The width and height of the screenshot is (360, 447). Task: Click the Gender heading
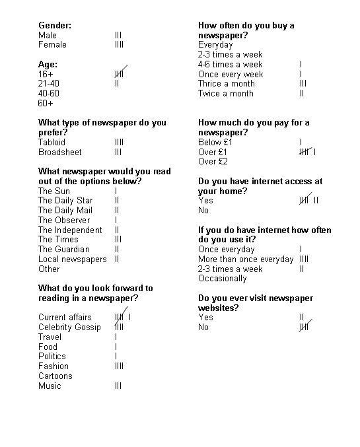55,25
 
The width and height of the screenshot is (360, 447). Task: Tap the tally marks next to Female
119,45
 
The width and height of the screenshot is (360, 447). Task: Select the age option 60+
46,103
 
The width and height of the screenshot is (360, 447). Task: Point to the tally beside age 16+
120,74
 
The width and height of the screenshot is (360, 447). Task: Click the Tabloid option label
52,142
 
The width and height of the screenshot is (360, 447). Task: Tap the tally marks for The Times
118,240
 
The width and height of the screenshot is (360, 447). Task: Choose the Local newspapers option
72,259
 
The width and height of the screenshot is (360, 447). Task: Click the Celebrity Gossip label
69,327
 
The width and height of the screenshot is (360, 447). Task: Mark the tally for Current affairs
123,317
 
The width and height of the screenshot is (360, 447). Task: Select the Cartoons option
55,376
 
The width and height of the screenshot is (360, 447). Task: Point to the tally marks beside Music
118,386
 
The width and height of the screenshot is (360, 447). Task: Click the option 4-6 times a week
230,64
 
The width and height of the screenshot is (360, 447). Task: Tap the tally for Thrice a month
303,84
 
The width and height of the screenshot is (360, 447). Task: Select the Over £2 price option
213,162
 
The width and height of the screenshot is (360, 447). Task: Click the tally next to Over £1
307,152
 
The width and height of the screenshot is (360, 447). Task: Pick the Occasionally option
222,279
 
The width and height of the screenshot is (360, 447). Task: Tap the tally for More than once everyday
304,259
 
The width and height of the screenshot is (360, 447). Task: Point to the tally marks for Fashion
119,366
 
